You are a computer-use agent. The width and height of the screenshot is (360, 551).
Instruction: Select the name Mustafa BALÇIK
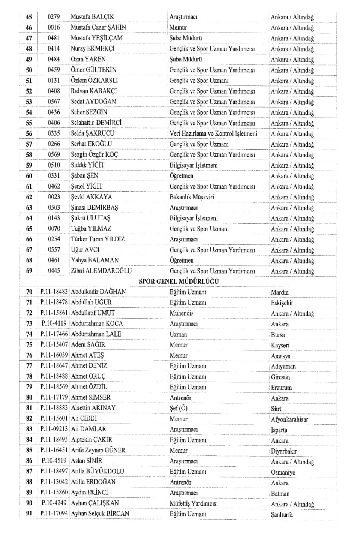92,17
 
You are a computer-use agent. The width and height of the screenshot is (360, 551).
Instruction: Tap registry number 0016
54,27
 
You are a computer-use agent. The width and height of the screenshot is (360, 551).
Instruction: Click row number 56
29,133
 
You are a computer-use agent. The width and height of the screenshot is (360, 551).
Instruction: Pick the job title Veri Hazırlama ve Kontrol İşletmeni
213,133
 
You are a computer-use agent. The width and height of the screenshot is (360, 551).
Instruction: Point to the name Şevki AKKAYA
91,197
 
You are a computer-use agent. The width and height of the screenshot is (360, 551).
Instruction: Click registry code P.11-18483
54,292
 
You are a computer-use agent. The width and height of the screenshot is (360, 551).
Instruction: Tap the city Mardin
280,292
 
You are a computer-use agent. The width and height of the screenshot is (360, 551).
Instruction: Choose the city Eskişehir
282,303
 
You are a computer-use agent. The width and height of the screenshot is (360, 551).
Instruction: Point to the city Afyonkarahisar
289,419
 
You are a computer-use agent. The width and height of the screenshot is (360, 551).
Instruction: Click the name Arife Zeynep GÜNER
98,450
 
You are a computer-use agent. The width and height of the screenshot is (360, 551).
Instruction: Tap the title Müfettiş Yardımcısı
193,503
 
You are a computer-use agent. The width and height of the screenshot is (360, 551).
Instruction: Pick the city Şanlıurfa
282,514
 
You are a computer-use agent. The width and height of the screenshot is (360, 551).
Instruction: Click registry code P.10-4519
54,461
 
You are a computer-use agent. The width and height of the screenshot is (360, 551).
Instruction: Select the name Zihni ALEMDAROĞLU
101,271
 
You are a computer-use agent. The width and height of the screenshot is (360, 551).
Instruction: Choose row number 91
29,514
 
